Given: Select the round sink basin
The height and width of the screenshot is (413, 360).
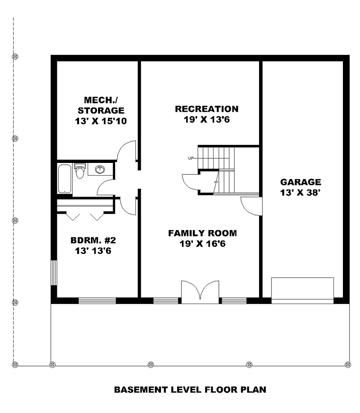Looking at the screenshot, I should click(99, 169).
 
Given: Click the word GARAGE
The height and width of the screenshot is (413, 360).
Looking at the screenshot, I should click(300, 182).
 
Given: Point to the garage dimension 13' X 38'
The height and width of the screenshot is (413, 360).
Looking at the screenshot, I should click(300, 193).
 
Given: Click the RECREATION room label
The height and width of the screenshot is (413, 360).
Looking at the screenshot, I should click(207, 109).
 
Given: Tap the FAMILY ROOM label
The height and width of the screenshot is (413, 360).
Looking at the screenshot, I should click(202, 233).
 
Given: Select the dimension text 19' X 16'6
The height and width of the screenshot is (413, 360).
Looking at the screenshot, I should click(202, 244).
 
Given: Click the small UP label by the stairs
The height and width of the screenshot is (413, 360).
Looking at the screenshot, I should click(191, 158).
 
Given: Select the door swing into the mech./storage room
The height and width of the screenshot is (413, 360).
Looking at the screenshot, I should click(127, 152).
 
